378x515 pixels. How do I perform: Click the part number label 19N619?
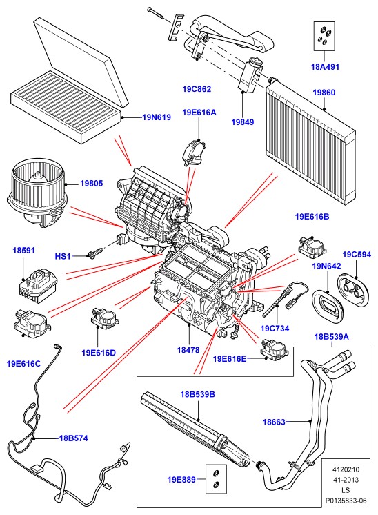157,117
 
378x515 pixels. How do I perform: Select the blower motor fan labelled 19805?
37,193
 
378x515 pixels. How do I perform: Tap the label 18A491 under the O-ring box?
325,67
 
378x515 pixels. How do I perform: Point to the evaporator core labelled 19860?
310,144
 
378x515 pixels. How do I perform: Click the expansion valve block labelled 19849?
250,75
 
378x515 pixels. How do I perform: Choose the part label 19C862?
197,88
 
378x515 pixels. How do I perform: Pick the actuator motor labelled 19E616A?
195,152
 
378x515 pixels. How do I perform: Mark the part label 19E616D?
99,353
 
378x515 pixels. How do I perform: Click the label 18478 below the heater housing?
188,350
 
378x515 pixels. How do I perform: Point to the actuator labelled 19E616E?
275,351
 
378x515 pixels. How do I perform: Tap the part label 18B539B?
197,394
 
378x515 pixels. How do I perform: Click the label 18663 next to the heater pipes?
274,422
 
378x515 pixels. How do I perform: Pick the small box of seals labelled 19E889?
216,479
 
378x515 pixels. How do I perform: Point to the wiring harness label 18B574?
74,438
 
